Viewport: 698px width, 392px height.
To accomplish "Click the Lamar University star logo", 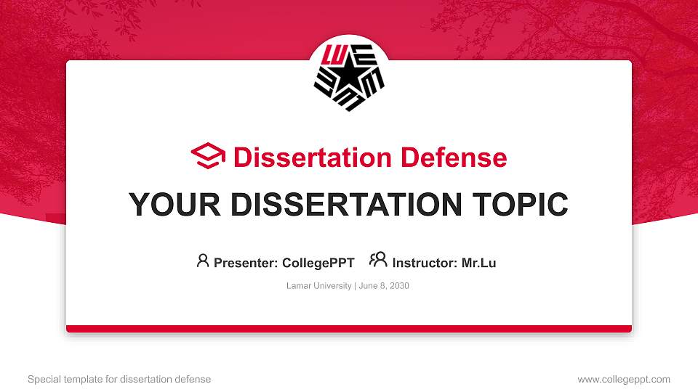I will (349, 76).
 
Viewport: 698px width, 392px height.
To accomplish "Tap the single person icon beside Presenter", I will (203, 261).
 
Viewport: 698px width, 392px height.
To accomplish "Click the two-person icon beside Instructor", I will (378, 260).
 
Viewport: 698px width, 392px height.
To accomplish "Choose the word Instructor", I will (424, 263).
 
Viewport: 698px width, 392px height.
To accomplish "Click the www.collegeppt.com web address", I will (624, 379).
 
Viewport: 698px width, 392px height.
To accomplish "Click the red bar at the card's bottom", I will (349, 329).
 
